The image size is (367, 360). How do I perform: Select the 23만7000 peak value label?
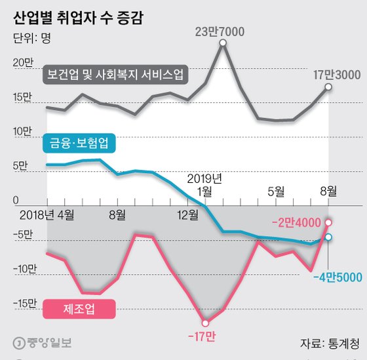pos(223,31)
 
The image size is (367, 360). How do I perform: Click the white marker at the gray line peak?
pos(223,43)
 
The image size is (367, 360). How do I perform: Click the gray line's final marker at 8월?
pos(328,87)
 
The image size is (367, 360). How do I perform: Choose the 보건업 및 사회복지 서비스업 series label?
pos(115,73)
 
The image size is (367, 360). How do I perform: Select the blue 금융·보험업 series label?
pos(78,142)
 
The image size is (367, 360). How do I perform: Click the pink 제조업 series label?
pos(78,308)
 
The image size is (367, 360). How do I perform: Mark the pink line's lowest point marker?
pos(206,323)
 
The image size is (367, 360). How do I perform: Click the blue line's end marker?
pos(328,237)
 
